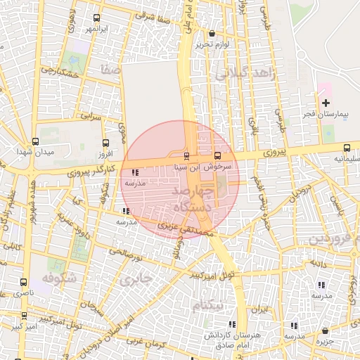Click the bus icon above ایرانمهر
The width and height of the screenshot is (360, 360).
point(96,19)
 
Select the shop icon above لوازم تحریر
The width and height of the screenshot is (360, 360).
point(212,33)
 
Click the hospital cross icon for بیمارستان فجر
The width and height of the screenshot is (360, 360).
point(325,103)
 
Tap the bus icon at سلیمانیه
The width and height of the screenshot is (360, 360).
point(347,148)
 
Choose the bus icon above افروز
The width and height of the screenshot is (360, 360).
point(106,142)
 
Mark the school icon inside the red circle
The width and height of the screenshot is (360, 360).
point(135,172)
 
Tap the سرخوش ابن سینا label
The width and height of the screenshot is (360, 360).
point(208,167)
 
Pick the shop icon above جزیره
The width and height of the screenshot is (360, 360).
point(325,330)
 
